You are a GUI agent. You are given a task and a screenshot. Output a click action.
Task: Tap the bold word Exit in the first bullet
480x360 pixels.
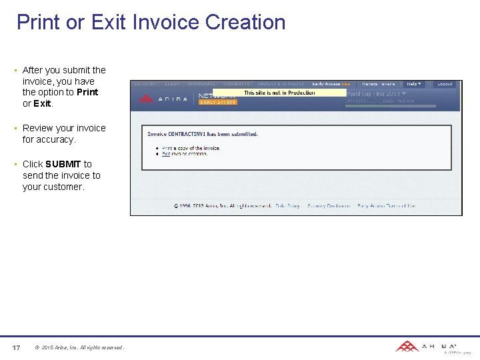[42, 103]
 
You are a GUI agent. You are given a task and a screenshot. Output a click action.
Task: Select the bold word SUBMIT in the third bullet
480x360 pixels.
[63, 164]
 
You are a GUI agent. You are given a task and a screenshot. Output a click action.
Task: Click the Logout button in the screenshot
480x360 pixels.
[445, 84]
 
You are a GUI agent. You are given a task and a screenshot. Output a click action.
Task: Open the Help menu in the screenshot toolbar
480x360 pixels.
[414, 84]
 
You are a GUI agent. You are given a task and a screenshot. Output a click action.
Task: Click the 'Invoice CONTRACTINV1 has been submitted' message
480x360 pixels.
[203, 134]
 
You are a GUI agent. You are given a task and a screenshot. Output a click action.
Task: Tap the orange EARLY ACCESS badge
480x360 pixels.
[217, 103]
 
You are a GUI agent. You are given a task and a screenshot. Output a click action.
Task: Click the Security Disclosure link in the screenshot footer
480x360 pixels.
[329, 206]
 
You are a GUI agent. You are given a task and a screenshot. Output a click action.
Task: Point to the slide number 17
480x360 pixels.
[17, 347]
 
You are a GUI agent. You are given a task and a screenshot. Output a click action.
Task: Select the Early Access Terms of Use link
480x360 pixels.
[386, 206]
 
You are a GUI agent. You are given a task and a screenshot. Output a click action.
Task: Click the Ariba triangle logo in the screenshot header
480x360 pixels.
[146, 99]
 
